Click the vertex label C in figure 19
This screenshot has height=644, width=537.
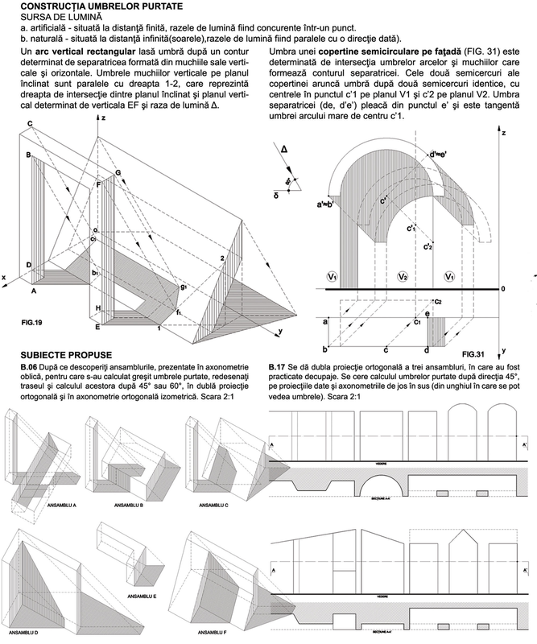click(x=29, y=122)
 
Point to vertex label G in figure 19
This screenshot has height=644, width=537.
click(x=118, y=172)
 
